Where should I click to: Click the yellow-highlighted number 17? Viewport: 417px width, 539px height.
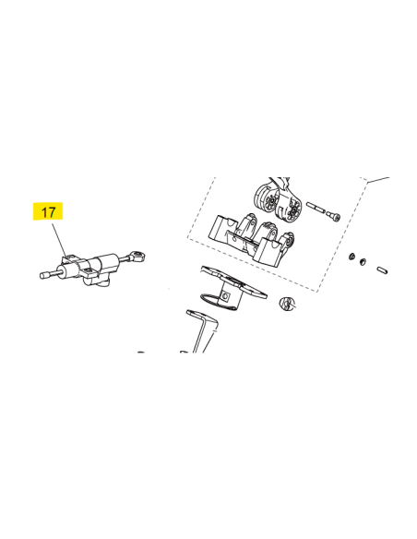point(48,211)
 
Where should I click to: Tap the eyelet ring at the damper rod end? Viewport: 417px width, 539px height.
point(137,256)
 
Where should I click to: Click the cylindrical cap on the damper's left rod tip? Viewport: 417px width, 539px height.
point(44,275)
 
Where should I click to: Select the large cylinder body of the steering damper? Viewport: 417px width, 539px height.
point(106,262)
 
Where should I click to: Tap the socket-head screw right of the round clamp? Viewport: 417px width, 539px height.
point(332,216)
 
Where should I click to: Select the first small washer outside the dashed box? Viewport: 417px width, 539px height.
point(351,256)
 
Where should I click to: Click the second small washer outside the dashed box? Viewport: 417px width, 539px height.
point(363,262)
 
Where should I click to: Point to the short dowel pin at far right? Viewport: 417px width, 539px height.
point(382,270)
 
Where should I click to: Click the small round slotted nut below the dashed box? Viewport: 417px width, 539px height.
point(287,303)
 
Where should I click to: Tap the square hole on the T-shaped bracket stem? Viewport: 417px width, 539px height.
point(226,295)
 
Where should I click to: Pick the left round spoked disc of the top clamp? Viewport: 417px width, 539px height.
point(268,198)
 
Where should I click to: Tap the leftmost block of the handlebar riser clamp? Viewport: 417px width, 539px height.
point(220,229)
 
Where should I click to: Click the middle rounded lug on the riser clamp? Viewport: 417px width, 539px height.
point(268,230)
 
